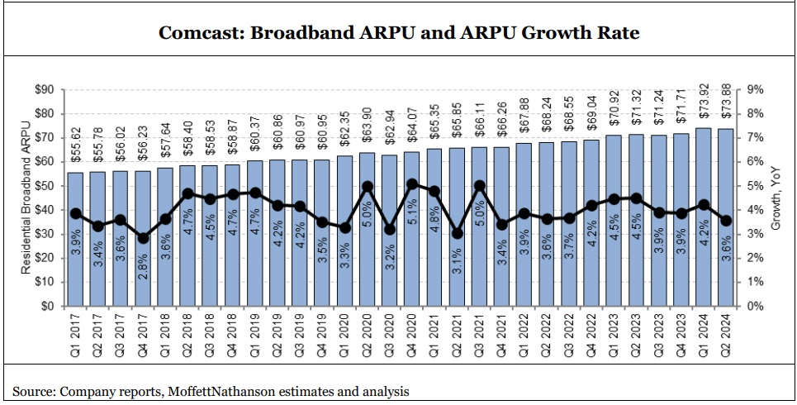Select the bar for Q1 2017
pos(76,240)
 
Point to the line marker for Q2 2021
pos(457,233)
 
